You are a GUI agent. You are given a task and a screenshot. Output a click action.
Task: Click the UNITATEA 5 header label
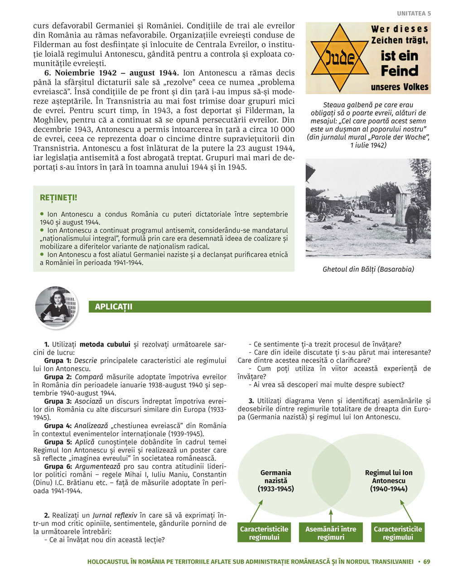tap(414, 14)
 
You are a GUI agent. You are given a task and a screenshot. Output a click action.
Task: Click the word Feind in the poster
tap(399, 71)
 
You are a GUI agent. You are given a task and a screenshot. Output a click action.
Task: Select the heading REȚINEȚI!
tap(58, 198)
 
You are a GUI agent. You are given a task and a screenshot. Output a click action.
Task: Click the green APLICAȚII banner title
tap(114, 307)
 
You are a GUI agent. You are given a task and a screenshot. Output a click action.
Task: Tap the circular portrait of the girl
tap(56, 307)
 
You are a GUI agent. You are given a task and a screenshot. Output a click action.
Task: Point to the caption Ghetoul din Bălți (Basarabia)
tap(368, 269)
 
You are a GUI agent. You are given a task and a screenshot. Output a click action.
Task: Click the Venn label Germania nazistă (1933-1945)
tap(275, 481)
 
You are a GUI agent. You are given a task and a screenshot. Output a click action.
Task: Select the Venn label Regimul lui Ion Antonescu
tap(388, 481)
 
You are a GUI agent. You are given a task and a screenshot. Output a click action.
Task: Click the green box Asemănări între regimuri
tap(331, 533)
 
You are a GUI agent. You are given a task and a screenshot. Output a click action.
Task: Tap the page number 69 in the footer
tap(426, 561)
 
